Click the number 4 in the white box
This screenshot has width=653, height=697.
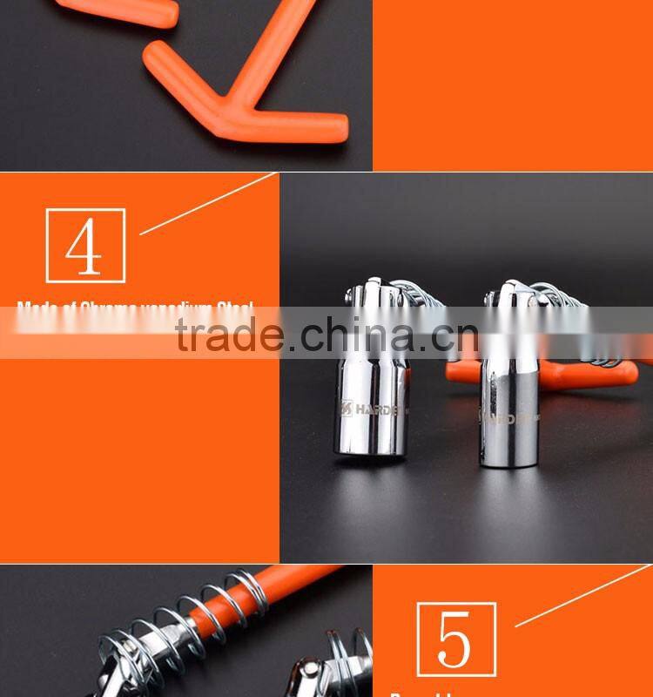[x=85, y=246]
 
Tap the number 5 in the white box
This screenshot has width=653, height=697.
[x=456, y=639]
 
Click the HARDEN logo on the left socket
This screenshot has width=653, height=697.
[x=370, y=407]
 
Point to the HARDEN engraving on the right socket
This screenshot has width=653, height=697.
[x=509, y=417]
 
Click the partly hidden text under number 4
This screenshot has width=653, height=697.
[x=135, y=306]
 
